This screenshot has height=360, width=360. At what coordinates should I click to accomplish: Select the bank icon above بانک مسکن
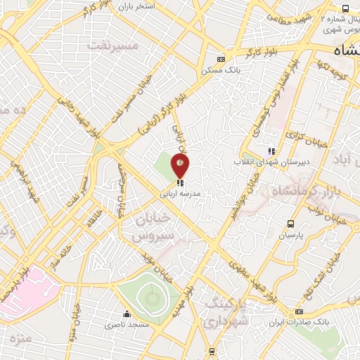coord(222,59)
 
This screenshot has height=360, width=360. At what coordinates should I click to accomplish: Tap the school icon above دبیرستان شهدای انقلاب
coord(271,151)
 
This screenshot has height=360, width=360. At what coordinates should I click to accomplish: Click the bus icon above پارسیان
coord(290,224)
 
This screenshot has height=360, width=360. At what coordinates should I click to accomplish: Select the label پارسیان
coord(290,236)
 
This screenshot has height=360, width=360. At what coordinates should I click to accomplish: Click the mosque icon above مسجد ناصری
coord(127,314)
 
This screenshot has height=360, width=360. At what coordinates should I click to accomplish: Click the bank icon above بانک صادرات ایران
coord(300,311)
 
